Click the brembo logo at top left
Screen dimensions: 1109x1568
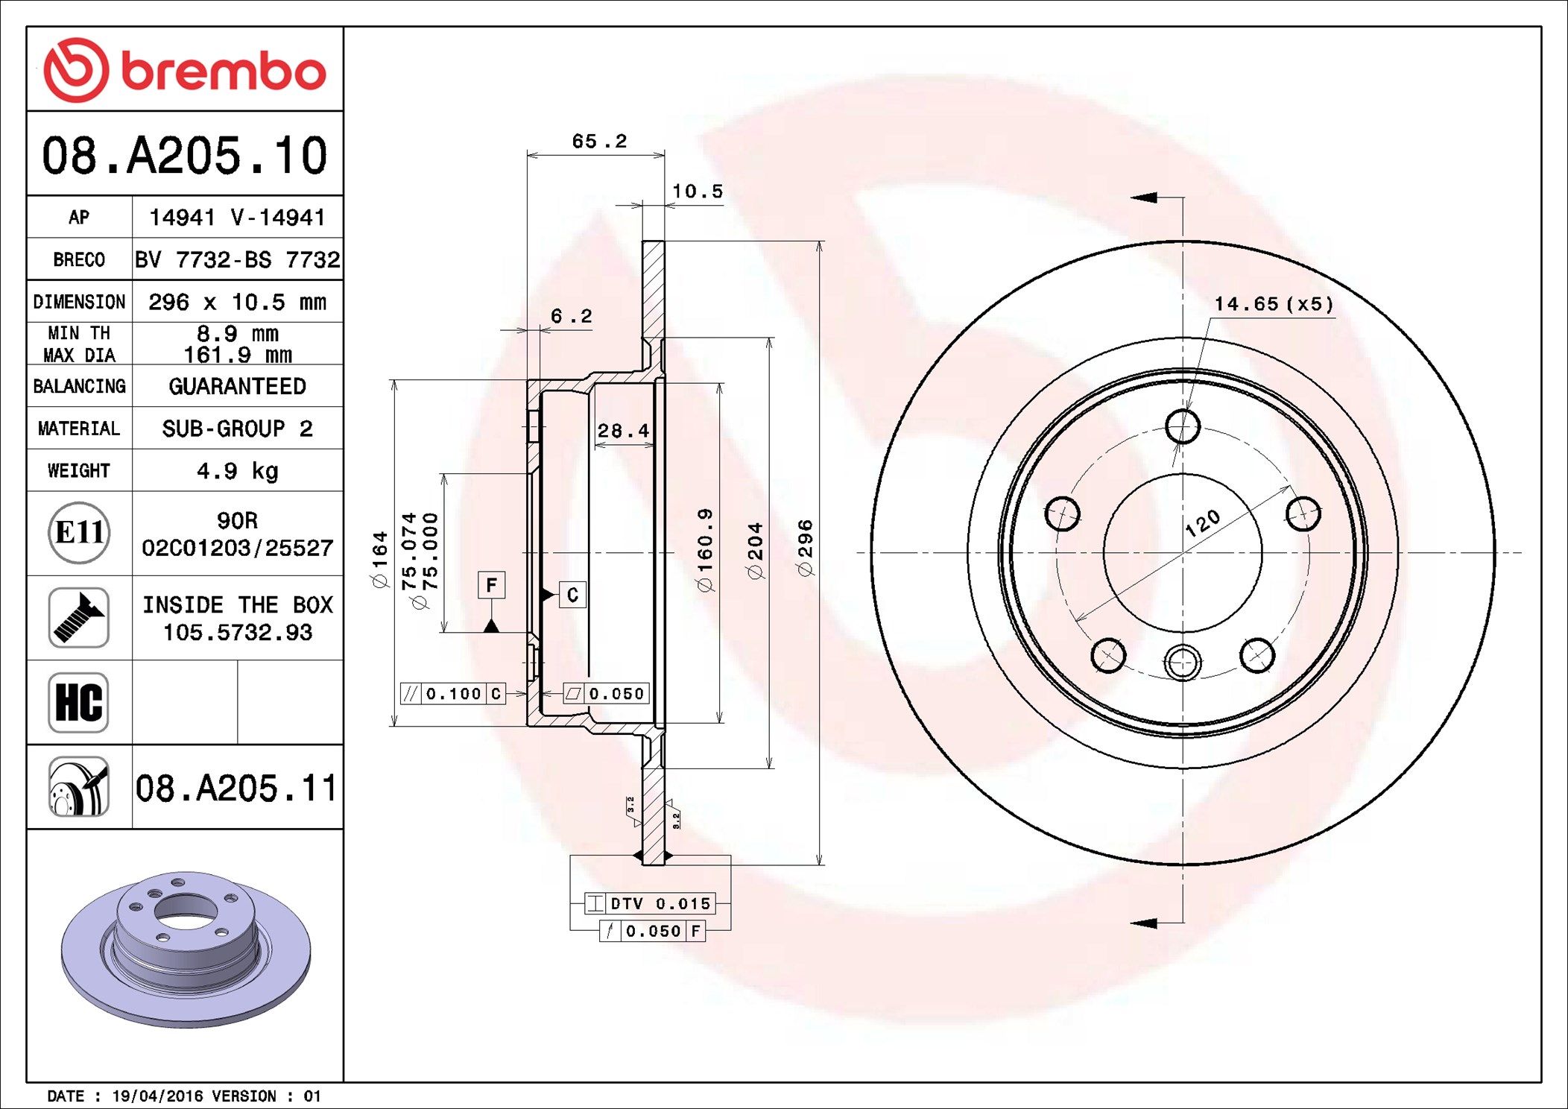tap(185, 70)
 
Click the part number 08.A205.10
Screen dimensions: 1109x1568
tap(185, 156)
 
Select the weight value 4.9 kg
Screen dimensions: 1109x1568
tap(237, 470)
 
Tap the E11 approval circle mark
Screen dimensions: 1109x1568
tap(79, 532)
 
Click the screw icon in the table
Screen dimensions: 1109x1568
tap(79, 617)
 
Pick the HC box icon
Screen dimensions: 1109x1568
tap(79, 702)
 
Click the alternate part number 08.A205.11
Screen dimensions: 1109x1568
tap(236, 788)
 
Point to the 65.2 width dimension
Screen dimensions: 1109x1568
tap(599, 141)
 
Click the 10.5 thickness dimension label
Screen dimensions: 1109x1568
tap(698, 192)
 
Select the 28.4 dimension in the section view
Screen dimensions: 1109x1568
tap(623, 431)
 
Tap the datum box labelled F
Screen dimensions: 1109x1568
tap(491, 585)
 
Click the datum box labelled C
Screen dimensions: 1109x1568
tap(572, 595)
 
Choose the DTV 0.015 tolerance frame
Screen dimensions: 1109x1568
tap(651, 903)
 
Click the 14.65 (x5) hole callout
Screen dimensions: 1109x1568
tap(1274, 304)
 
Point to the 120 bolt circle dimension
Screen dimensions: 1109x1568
tap(1202, 523)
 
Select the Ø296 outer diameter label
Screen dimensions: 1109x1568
tap(805, 548)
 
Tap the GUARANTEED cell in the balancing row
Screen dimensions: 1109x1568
tap(237, 386)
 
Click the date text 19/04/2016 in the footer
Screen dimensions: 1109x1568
tap(157, 1096)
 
